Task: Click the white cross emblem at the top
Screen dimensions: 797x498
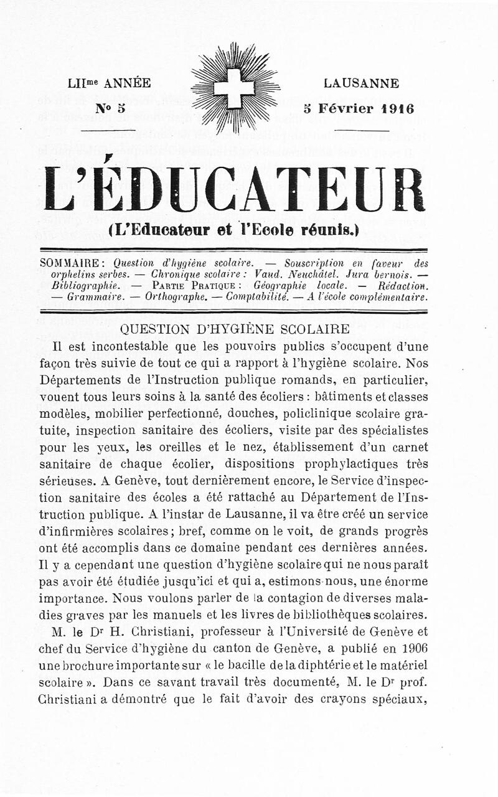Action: pyautogui.click(x=234, y=88)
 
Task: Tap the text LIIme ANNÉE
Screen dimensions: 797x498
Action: pyautogui.click(x=110, y=83)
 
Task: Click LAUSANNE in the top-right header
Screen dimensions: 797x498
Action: pyautogui.click(x=361, y=83)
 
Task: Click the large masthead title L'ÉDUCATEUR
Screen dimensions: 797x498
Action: pyautogui.click(x=234, y=189)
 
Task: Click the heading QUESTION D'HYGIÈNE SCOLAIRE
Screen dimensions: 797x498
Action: pyautogui.click(x=234, y=329)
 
